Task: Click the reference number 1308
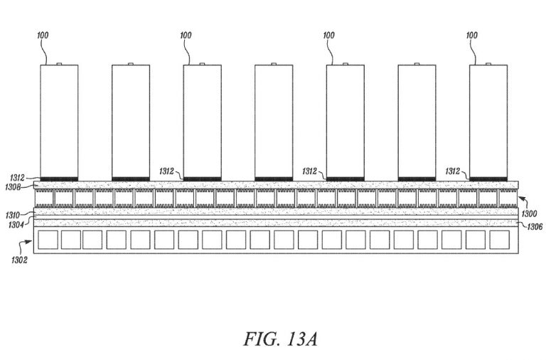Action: click(x=13, y=188)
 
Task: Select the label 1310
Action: click(x=13, y=216)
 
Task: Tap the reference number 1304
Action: click(x=16, y=225)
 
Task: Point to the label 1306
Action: click(x=535, y=227)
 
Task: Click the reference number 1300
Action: click(x=529, y=213)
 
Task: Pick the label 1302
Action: click(x=19, y=260)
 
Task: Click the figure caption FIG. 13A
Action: click(x=280, y=339)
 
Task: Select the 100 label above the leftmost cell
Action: click(x=43, y=35)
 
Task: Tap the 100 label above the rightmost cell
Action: click(x=472, y=35)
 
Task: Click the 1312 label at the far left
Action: click(x=17, y=178)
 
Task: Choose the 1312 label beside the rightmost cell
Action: click(x=453, y=171)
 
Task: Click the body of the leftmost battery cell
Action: click(x=59, y=121)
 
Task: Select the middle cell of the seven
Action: click(x=274, y=121)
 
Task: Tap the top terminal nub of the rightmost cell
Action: click(x=488, y=64)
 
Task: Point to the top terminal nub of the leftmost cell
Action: click(x=59, y=64)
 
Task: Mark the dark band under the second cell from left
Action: click(x=131, y=179)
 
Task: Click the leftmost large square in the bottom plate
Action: click(x=48, y=240)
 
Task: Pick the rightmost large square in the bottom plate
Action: click(x=499, y=240)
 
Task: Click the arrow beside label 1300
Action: click(x=523, y=202)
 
